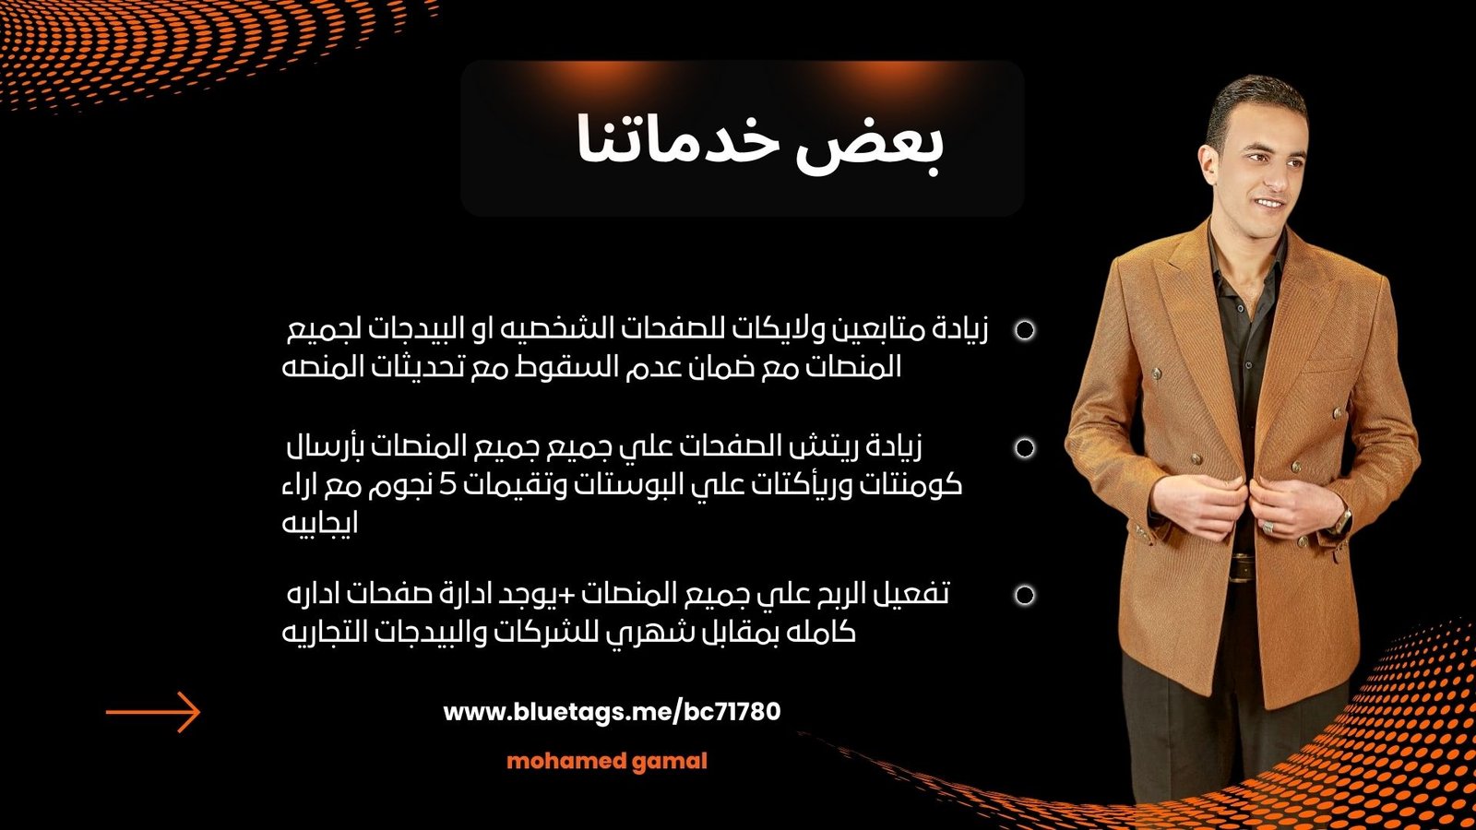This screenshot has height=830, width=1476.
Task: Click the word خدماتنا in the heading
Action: [676, 138]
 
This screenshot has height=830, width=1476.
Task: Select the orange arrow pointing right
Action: [153, 712]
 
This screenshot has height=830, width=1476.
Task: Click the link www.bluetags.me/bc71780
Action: [612, 712]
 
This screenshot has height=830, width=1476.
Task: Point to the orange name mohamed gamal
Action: [607, 762]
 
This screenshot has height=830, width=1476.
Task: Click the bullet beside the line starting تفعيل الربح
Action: [1025, 595]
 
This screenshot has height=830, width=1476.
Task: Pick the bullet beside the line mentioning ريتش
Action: [1025, 448]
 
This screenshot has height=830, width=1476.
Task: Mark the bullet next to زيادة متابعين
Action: [1025, 330]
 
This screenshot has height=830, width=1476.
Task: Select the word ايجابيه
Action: [320, 524]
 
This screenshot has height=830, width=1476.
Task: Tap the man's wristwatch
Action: [1340, 522]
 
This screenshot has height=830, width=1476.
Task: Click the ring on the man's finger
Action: [1268, 527]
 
